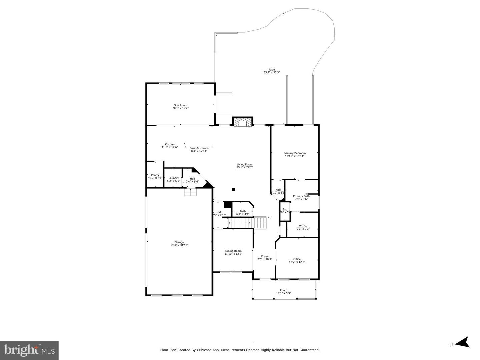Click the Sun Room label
pyautogui.click(x=180, y=105)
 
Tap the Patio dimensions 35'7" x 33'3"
pyautogui.click(x=271, y=72)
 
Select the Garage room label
pyautogui.click(x=179, y=242)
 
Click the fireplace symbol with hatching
pyautogui.click(x=243, y=123)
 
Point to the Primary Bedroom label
pyautogui.click(x=294, y=153)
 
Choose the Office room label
pyautogui.click(x=297, y=259)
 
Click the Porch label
pyautogui.click(x=283, y=290)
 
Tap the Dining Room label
pyautogui.click(x=233, y=251)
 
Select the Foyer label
pyautogui.click(x=265, y=256)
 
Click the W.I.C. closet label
pyautogui.click(x=303, y=226)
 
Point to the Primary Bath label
pyautogui.click(x=301, y=196)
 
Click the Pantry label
pyautogui.click(x=155, y=175)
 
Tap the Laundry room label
pyautogui.click(x=173, y=178)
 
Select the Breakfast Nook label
pyautogui.click(x=199, y=148)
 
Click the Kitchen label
pyautogui.click(x=170, y=144)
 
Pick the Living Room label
pyautogui.click(x=244, y=164)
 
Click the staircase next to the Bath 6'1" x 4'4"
pyautogui.click(x=247, y=222)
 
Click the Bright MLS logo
pyautogui.click(x=29, y=350)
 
